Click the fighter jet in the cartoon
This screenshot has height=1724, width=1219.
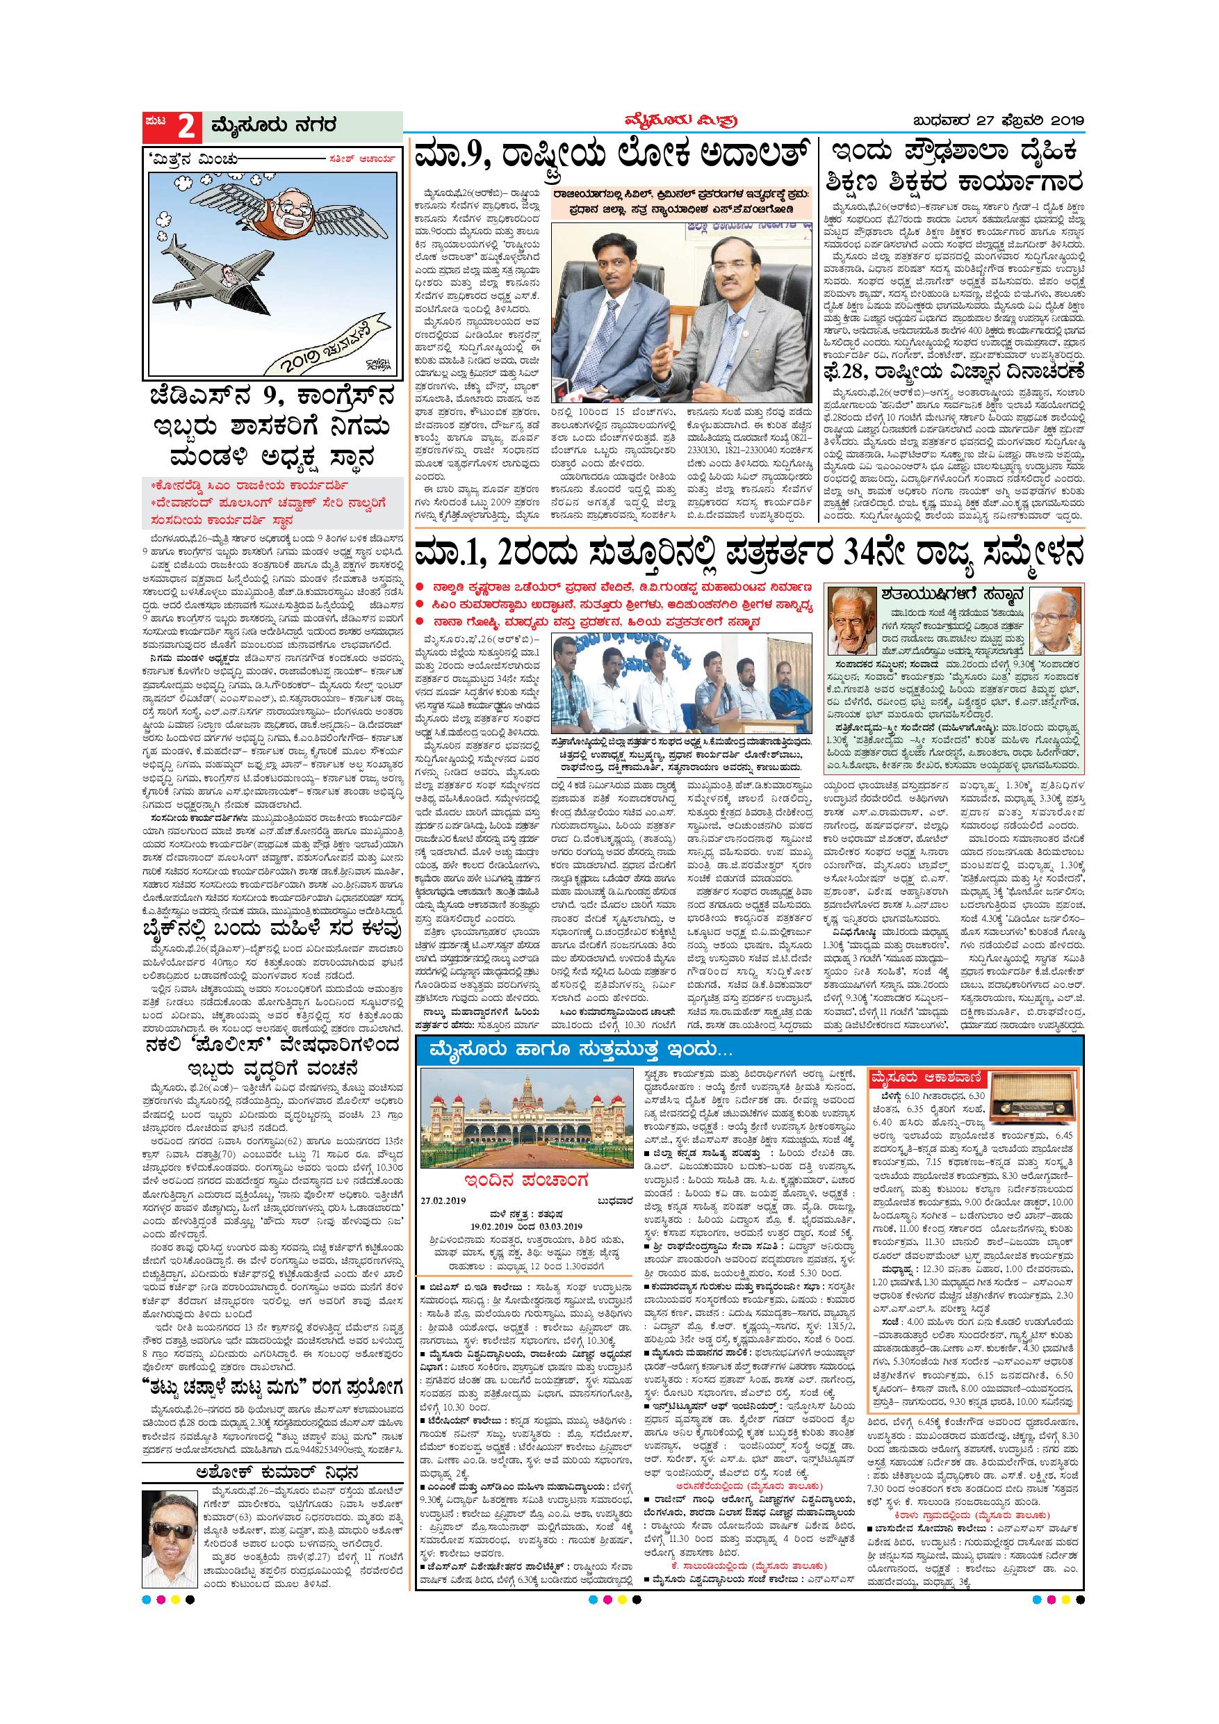(x=217, y=260)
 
